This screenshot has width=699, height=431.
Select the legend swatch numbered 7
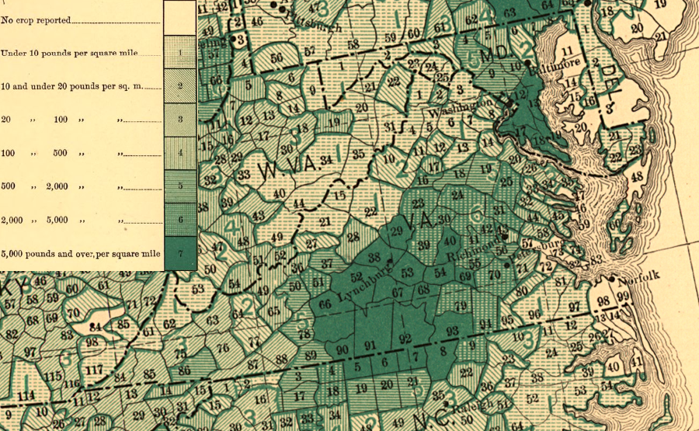click(x=180, y=254)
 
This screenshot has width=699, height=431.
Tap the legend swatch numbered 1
click(x=180, y=52)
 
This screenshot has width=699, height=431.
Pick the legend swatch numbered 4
click(x=180, y=153)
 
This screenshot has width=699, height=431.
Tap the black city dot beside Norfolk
click(x=613, y=278)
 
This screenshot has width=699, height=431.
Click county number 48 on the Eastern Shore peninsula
click(x=637, y=177)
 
